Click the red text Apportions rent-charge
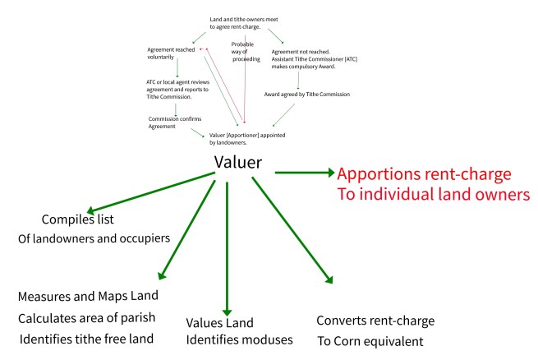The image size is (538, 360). tap(424, 174)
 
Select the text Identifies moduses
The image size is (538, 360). tap(238, 339)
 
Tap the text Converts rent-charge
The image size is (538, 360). tap(375, 320)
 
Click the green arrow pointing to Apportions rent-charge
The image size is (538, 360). tap(304, 173)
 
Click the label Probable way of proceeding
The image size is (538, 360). tap(246, 51)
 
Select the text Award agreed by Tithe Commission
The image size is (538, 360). tap(306, 94)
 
